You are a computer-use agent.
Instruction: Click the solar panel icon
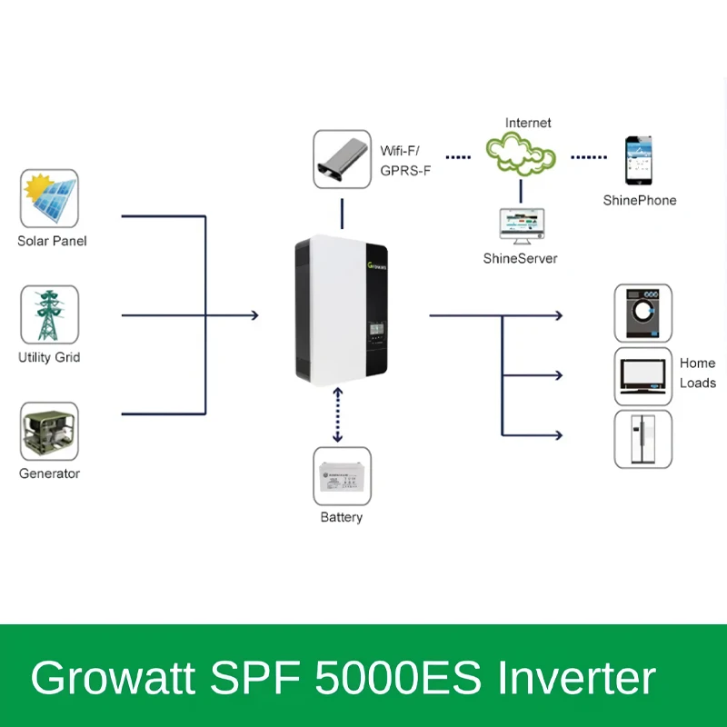click(x=49, y=199)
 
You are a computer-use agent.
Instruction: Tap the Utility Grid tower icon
click(x=49, y=314)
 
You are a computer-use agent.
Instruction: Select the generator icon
click(x=49, y=432)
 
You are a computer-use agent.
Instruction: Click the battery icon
click(x=342, y=476)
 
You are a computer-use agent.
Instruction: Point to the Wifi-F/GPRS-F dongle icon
click(x=342, y=159)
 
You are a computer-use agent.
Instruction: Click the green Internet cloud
click(x=520, y=153)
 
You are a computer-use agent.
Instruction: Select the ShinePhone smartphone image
click(x=638, y=161)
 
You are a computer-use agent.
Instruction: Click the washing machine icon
click(x=643, y=314)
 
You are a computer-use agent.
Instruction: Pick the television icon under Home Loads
click(x=643, y=375)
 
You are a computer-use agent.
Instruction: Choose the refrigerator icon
click(x=643, y=439)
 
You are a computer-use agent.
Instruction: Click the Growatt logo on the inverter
click(x=376, y=265)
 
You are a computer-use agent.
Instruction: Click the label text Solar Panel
click(x=52, y=242)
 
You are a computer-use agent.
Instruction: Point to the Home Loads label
click(x=697, y=373)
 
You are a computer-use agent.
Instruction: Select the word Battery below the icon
click(x=342, y=517)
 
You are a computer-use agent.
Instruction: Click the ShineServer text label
click(x=520, y=259)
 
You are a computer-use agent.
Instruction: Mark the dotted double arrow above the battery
click(x=338, y=414)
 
